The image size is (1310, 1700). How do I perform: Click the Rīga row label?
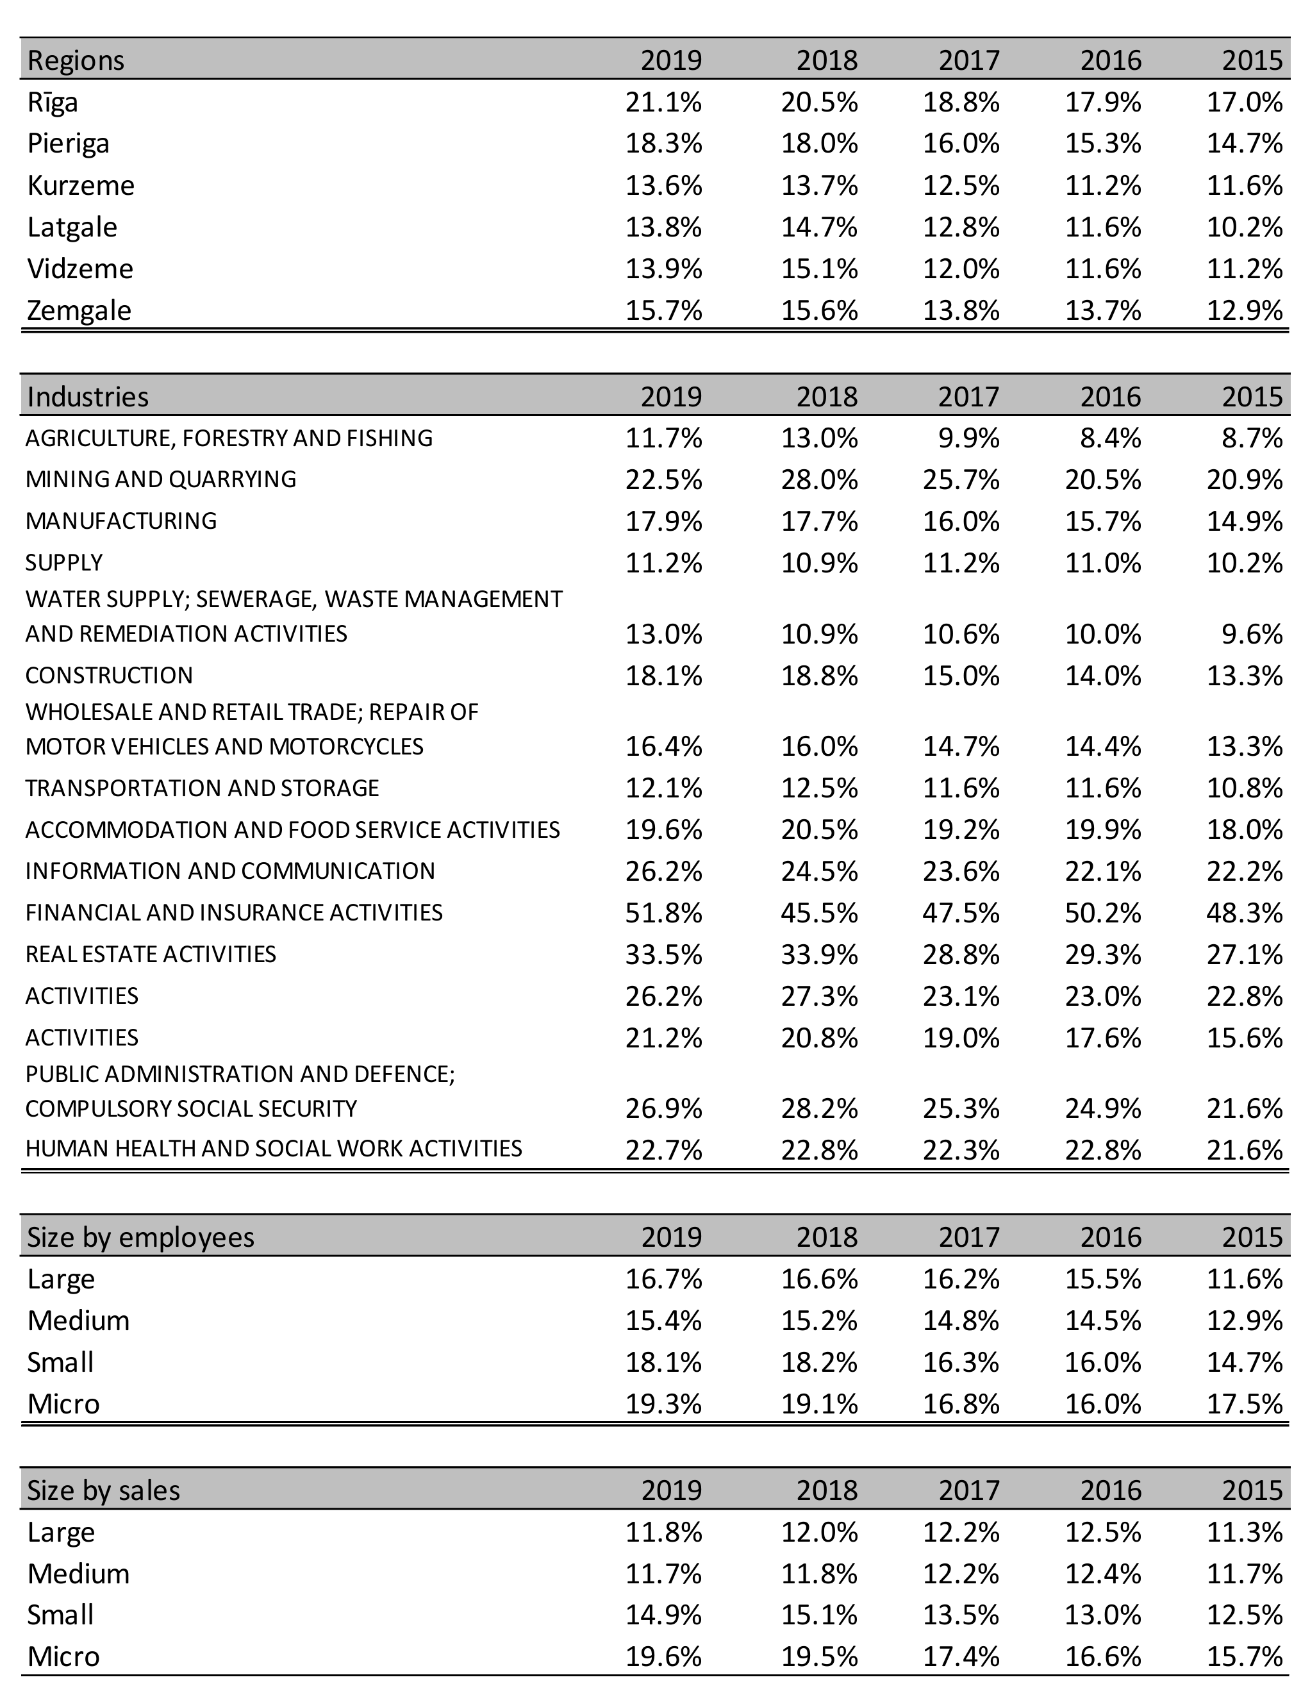pyautogui.click(x=53, y=102)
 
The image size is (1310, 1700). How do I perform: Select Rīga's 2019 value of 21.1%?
pyautogui.click(x=663, y=102)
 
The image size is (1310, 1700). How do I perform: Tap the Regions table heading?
pyautogui.click(x=76, y=60)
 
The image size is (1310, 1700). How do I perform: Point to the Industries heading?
pyautogui.click(x=87, y=396)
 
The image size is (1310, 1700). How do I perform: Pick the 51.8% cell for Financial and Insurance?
pyautogui.click(x=663, y=912)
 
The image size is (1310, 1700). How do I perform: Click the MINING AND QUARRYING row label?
pyautogui.click(x=160, y=479)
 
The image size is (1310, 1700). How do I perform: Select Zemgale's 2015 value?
pyautogui.click(x=1244, y=310)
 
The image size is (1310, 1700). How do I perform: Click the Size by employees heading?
pyautogui.click(x=140, y=1237)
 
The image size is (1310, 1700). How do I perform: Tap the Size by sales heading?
pyautogui.click(x=103, y=1490)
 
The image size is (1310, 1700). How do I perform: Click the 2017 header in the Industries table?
pyautogui.click(x=968, y=396)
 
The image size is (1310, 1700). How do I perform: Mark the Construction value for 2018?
pyautogui.click(x=819, y=675)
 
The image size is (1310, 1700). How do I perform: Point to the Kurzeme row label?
pyautogui.click(x=80, y=185)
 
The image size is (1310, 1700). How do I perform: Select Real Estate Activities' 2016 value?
pyautogui.click(x=1102, y=954)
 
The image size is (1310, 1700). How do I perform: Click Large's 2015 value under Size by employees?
pyautogui.click(x=1244, y=1279)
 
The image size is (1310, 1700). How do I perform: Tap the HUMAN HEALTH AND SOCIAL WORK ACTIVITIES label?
pyautogui.click(x=273, y=1148)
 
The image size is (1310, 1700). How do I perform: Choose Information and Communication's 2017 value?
pyautogui.click(x=961, y=871)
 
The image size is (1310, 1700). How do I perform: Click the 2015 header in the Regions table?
pyautogui.click(x=1252, y=60)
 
